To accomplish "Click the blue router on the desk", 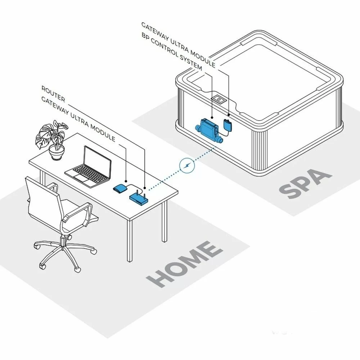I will point(139,198).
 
